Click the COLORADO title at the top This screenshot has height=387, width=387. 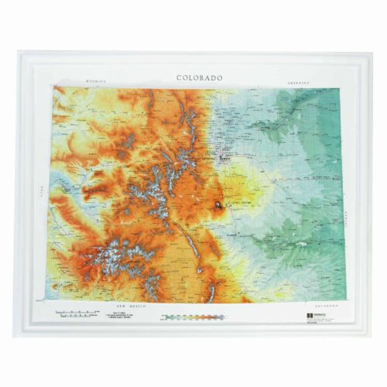[199, 77]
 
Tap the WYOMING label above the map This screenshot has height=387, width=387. [95, 80]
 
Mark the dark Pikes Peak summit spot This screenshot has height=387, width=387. [219, 206]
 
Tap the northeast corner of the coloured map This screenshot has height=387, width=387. [341, 88]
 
